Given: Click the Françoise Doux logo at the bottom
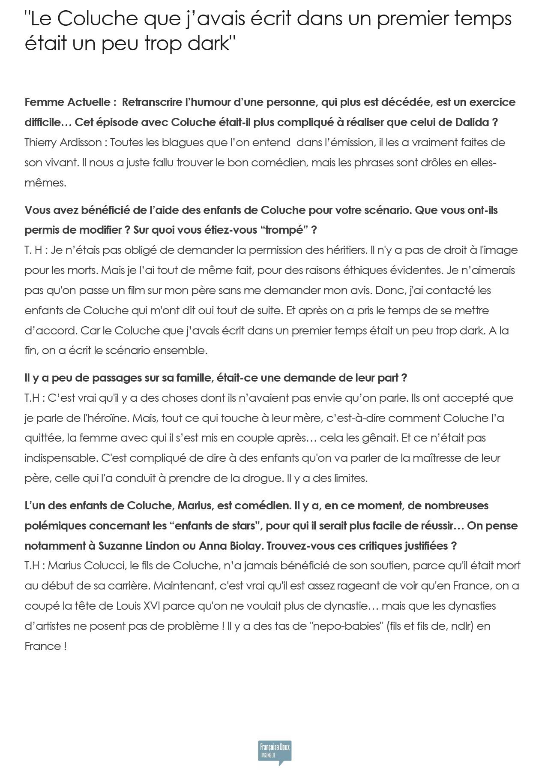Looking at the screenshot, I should pos(274,752).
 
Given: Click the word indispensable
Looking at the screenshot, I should pos(61,458).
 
